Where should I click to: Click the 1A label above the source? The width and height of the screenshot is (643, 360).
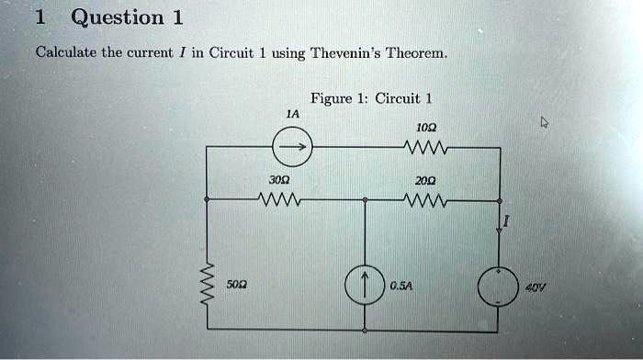click(x=291, y=114)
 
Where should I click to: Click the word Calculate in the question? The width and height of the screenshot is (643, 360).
click(x=65, y=52)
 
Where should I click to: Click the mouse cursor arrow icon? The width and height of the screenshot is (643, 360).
click(x=545, y=121)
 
